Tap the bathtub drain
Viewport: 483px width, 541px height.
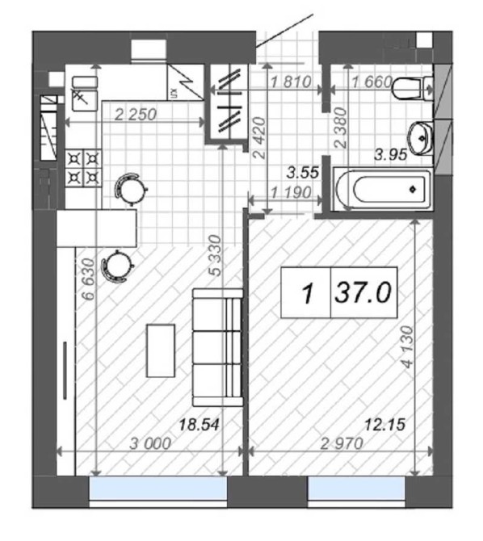(413, 189)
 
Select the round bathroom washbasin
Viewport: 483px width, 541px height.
(420, 138)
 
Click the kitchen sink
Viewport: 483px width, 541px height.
(85, 94)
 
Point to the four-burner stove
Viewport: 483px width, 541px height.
(84, 169)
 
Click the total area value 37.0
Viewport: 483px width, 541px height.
(363, 292)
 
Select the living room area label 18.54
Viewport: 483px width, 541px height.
(199, 425)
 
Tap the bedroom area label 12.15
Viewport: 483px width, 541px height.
(385, 424)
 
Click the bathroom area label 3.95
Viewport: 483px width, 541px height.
(391, 154)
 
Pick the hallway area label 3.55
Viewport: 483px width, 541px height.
(303, 173)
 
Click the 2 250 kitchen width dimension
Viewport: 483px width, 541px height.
(136, 115)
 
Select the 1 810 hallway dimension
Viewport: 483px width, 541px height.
(291, 82)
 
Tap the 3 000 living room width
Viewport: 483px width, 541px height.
(150, 443)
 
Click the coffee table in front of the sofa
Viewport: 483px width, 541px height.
(161, 350)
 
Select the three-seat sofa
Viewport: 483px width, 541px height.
(217, 347)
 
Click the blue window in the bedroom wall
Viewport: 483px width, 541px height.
(356, 488)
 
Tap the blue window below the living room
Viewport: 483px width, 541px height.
(158, 488)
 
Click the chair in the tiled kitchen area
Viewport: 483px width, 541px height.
(130, 189)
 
